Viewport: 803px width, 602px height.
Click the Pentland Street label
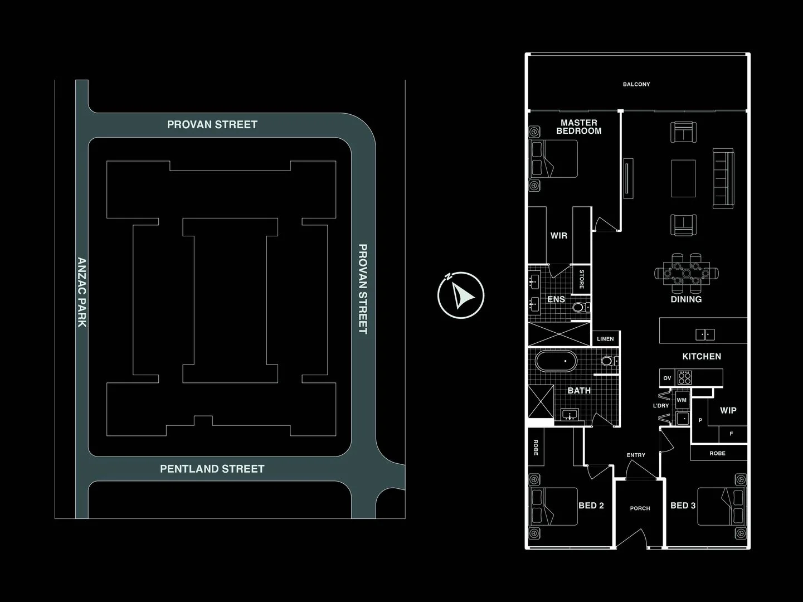212,469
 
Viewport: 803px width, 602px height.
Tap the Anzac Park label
81,292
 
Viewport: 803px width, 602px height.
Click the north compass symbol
461,295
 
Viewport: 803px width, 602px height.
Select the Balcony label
636,84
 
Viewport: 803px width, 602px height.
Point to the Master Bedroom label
579,127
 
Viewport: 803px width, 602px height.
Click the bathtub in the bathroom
556,361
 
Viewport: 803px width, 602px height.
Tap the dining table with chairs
687,273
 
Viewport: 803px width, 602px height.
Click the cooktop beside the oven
684,378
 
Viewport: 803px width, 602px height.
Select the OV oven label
667,378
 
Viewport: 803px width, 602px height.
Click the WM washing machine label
682,400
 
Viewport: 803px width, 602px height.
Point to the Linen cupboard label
605,339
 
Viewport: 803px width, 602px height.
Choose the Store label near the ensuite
582,279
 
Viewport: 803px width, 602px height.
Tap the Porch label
640,508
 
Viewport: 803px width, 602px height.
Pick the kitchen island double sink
705,334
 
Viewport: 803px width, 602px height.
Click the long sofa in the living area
723,178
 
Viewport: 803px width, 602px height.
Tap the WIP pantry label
728,411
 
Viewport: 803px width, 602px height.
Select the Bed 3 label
683,506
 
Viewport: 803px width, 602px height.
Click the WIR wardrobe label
559,236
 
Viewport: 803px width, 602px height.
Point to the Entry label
636,455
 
